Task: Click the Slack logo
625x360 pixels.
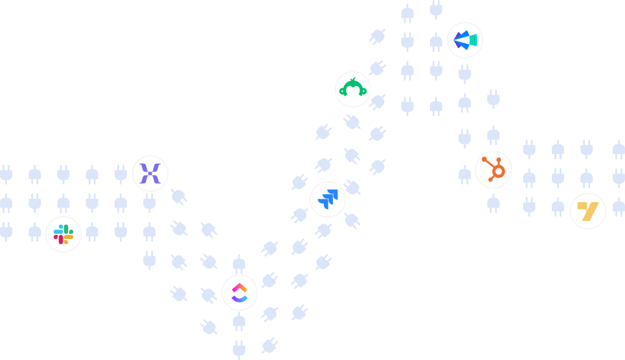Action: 63,234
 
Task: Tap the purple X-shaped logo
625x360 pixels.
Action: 150,174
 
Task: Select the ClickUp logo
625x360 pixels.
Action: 240,293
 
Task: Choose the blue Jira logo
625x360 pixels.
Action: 328,199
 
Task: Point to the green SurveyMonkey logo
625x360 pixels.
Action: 352,89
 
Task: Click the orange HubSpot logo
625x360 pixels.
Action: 494,170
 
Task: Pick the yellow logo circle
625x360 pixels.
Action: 588,211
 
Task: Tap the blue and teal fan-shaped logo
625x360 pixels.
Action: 465,40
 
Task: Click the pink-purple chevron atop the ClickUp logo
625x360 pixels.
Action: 240,287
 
